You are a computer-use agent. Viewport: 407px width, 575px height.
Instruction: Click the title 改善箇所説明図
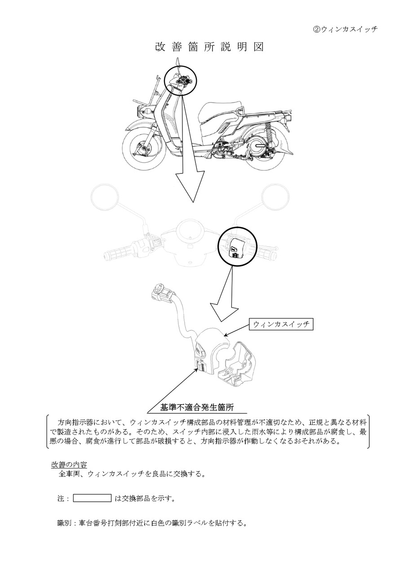pos(209,47)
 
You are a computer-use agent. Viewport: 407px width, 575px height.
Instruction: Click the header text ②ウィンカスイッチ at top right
pos(345,29)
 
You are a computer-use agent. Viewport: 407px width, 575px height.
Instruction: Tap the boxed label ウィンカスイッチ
pos(281,324)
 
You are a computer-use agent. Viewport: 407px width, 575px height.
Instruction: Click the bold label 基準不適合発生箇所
pos(197,407)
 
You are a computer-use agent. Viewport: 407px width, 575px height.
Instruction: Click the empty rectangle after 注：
pos(92,498)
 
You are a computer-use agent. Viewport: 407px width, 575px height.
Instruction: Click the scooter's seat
pos(222,109)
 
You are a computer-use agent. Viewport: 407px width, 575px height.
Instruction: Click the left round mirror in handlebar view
pos(105,196)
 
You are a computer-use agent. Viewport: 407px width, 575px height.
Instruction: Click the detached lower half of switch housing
pos(237,364)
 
